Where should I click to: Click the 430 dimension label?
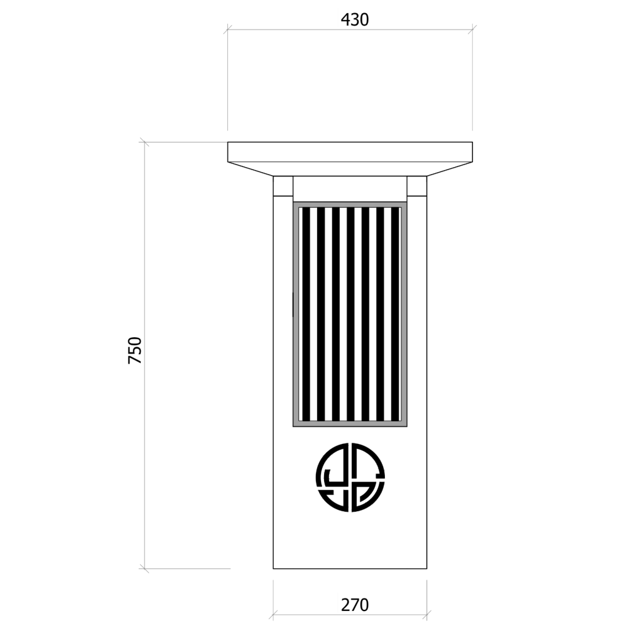(x=354, y=19)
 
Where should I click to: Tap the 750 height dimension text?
(x=135, y=350)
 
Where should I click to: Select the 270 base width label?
(x=354, y=605)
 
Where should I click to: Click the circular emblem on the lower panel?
(x=350, y=477)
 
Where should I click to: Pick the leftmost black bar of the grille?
(x=306, y=314)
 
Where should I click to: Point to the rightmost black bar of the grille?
(x=395, y=314)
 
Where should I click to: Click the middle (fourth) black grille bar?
(x=351, y=314)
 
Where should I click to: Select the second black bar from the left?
(x=321, y=314)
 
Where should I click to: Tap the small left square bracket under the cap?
(x=283, y=186)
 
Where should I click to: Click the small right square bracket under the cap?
(x=417, y=186)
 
